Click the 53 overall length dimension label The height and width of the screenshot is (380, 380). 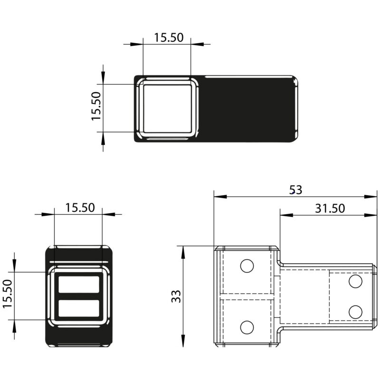coord(295,190)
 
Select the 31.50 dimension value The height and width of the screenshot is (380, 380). coord(330,209)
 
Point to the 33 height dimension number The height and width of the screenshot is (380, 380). coord(176,296)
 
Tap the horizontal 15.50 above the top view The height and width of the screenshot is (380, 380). coord(169,38)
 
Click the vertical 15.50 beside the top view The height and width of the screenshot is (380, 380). coord(96,106)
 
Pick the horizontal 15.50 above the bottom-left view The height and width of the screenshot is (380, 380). coord(80,208)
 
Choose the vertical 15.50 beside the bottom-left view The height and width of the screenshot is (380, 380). coord(7,294)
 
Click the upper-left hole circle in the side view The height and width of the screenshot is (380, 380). coord(247,266)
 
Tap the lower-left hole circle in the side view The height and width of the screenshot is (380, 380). coord(247,327)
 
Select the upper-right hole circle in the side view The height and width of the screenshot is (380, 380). coord(355,281)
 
